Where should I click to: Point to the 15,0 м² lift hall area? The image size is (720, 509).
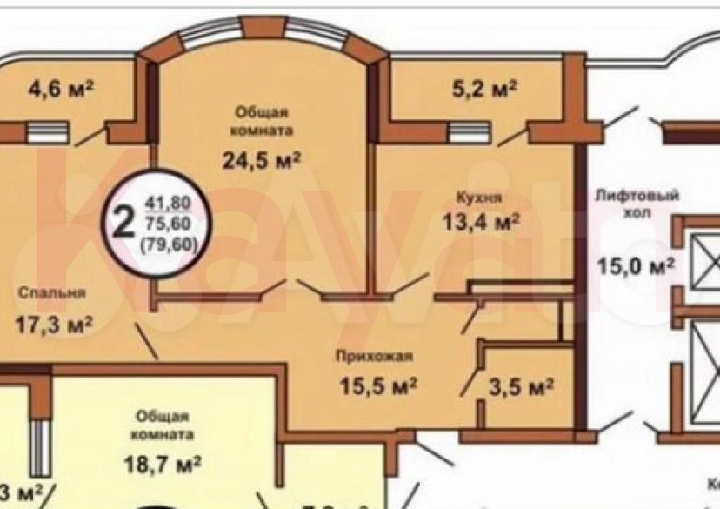pos(636,266)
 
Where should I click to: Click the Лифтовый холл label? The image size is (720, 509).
pos(635,204)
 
